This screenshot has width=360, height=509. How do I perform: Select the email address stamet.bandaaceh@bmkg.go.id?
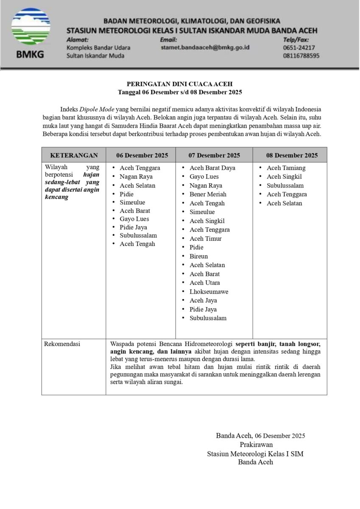(x=205, y=48)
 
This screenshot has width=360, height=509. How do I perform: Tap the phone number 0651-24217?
(x=299, y=48)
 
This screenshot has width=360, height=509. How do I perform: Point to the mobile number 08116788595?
(x=301, y=56)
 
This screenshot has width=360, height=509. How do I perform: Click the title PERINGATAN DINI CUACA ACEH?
(x=180, y=84)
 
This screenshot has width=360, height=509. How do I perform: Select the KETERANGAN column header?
(x=74, y=155)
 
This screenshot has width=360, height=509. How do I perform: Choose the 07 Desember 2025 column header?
(x=214, y=155)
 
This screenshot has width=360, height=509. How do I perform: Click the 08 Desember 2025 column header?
(x=292, y=155)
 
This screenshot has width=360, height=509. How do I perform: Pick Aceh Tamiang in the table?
(x=286, y=168)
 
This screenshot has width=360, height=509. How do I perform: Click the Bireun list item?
(x=198, y=256)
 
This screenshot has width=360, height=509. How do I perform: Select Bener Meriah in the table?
(x=208, y=194)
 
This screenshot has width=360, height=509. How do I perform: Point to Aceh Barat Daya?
(x=212, y=168)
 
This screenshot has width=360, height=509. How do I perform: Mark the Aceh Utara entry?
(x=204, y=282)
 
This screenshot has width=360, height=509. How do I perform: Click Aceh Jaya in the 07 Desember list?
(x=203, y=300)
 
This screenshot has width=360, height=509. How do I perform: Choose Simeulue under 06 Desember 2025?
(x=132, y=202)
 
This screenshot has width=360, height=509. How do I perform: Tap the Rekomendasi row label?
(x=62, y=344)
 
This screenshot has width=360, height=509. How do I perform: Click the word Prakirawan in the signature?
(x=255, y=445)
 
